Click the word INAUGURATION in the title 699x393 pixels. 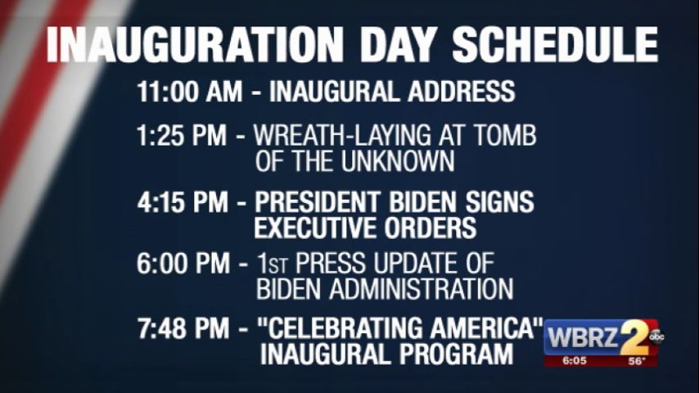pos(195,44)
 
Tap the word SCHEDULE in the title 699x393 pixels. pos(555,44)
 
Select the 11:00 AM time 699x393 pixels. pos(190,92)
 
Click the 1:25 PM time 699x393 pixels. pos(182,135)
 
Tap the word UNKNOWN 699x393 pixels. pos(398,161)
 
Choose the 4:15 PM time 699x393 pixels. pos(183,202)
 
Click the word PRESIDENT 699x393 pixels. pos(318,202)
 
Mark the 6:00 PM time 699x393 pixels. pos(183,263)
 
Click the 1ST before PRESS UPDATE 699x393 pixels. pos(273,263)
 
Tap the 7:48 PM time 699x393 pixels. pos(183,328)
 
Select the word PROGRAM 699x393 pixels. pos(456,355)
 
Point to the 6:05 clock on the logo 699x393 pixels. pos(575,360)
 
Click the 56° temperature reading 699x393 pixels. pos(637,361)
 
